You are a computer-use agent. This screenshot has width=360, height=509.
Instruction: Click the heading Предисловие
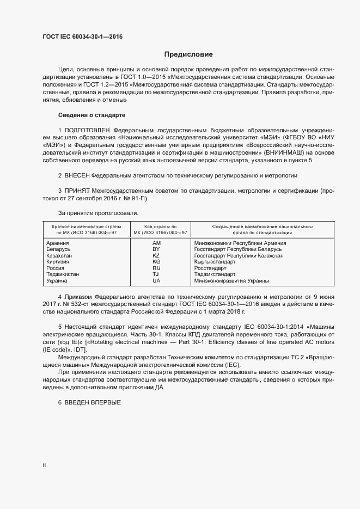click(188, 54)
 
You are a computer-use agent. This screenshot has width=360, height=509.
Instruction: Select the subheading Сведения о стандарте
click(91, 115)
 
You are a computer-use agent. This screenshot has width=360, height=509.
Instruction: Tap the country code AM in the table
click(157, 243)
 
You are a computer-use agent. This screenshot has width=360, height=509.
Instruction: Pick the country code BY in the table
click(156, 249)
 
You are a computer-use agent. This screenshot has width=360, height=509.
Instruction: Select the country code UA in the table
click(156, 281)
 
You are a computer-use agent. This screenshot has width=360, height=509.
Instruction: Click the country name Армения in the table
click(58, 243)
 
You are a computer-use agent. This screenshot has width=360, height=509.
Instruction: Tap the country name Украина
click(58, 281)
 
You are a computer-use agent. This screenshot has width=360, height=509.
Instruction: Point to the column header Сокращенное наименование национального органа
click(254, 229)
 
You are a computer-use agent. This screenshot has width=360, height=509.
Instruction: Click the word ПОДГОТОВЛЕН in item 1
click(88, 131)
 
